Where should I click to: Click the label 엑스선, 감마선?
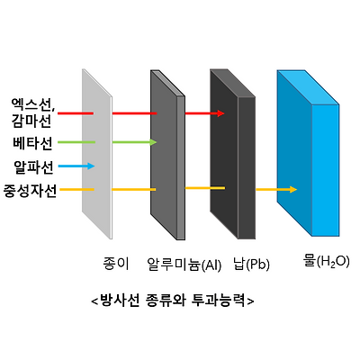(x=33, y=112)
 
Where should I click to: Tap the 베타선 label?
(x=32, y=143)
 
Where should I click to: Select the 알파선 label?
(x=33, y=167)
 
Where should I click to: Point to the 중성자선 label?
(x=30, y=191)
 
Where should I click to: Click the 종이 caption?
(x=116, y=264)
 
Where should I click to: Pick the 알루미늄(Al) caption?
(x=184, y=265)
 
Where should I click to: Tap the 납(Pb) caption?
(x=251, y=265)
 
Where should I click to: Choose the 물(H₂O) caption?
(x=327, y=262)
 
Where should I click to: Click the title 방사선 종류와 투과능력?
(x=173, y=300)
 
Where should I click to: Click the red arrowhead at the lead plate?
(x=221, y=113)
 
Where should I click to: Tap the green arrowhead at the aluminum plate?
(x=154, y=142)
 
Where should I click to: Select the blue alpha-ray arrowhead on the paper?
(x=91, y=166)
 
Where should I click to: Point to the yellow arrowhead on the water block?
(x=293, y=189)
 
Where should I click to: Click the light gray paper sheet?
(x=97, y=154)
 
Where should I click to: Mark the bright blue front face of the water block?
(x=326, y=170)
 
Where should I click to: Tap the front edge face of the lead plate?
(x=247, y=168)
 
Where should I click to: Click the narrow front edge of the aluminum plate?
(x=181, y=168)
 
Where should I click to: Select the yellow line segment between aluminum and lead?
(x=205, y=188)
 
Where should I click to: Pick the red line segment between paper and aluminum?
(x=135, y=113)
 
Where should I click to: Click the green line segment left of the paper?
(x=76, y=142)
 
